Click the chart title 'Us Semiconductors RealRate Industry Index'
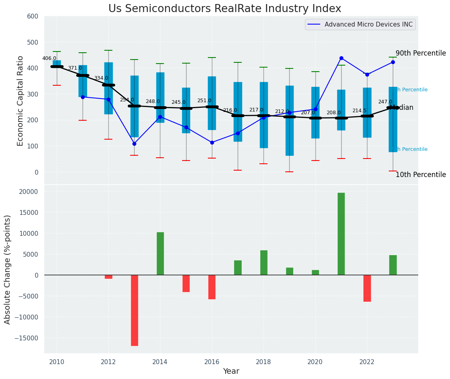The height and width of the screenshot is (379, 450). point(224,9)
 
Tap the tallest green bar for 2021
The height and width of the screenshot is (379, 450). point(341,234)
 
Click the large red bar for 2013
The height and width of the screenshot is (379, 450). point(135,310)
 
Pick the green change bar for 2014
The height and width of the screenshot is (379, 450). point(160,253)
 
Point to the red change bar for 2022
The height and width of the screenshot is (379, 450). point(367,288)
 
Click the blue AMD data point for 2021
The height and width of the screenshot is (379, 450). point(341,58)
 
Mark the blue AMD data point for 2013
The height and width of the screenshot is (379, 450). point(135,144)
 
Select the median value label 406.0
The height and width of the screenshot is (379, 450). point(49,58)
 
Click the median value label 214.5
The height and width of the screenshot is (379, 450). point(359,111)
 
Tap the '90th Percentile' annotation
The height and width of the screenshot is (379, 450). point(421,53)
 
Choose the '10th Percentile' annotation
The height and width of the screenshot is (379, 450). point(421,175)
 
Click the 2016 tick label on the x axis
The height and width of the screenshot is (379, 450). point(212,362)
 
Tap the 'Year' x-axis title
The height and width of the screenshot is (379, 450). point(231,371)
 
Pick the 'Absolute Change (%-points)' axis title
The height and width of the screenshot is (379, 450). point(8,269)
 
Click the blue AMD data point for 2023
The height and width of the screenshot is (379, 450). point(393,62)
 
